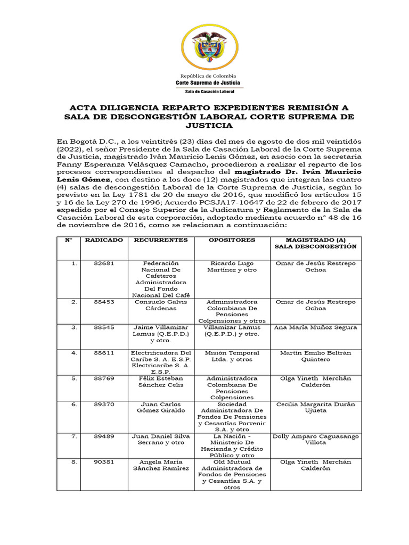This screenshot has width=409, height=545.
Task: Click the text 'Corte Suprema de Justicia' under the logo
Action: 208,83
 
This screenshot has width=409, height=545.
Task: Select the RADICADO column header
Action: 104,240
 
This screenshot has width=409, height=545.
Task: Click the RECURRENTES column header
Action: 161,240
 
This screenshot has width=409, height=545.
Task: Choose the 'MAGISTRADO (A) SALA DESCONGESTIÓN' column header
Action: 314,243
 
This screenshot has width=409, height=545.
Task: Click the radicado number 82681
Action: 104,263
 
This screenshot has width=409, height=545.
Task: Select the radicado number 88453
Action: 104,302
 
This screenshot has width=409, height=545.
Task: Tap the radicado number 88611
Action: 104,353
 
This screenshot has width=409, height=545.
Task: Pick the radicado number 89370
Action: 104,404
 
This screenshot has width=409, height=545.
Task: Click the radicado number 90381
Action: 104,462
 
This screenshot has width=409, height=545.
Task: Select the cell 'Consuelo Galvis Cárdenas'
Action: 161,305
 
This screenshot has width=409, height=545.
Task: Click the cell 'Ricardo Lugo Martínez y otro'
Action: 232,267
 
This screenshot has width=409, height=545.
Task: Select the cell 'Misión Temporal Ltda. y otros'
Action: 232,356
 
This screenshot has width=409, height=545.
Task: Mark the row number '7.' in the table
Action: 75,436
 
